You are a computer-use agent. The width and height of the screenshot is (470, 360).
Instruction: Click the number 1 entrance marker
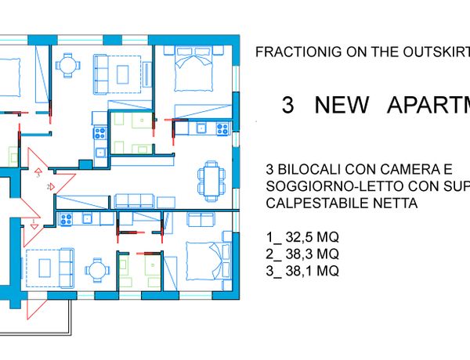[x=34, y=224]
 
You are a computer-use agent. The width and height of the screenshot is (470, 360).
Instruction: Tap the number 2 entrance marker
[x=51, y=187]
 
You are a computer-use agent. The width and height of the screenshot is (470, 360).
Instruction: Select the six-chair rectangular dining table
[x=211, y=182]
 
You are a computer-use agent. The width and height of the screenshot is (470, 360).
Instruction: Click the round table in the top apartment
[x=68, y=65]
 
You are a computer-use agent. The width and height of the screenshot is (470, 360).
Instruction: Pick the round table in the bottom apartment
[x=97, y=270]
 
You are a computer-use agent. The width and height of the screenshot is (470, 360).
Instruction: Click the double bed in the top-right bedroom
[x=193, y=69]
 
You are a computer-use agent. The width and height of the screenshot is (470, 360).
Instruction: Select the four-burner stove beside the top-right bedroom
[x=222, y=129]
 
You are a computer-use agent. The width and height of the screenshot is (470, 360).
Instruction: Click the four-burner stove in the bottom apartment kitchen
[x=67, y=219]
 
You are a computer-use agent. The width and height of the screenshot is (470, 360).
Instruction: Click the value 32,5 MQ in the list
[x=312, y=237]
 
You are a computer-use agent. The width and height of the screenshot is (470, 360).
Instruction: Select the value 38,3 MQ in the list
[x=312, y=254]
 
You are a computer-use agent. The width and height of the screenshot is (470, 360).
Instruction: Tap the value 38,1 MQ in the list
[x=312, y=271]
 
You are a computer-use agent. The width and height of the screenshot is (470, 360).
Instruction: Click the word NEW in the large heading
[x=342, y=105]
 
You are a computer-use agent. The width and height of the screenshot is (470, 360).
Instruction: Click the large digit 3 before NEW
[x=288, y=105]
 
